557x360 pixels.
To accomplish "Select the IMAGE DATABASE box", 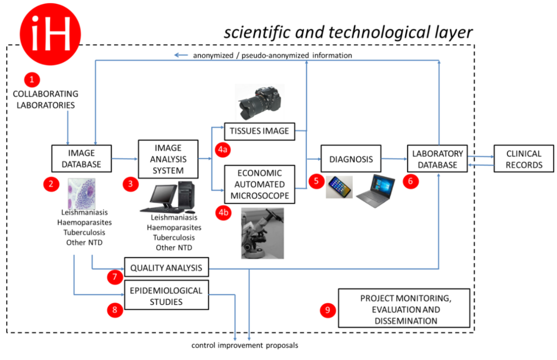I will [81, 158].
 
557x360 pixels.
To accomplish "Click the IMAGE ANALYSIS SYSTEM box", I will [168, 159].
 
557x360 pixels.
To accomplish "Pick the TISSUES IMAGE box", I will [260, 131].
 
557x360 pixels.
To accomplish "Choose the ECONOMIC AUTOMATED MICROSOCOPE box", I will [259, 184].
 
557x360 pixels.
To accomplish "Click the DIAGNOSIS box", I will [350, 159].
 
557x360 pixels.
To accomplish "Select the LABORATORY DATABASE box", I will [437, 159].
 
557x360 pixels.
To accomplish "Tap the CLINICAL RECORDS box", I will [523, 159].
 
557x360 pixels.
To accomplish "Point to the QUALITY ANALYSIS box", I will [166, 268].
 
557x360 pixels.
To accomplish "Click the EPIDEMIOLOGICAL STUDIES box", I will [166, 295].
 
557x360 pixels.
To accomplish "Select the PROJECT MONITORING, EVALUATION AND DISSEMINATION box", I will [404, 308].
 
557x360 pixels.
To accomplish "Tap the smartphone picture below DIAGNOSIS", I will [339, 187].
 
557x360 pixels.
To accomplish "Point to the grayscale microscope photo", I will [263, 233].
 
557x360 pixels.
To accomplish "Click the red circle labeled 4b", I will [223, 213].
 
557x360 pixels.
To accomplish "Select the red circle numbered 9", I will [327, 310].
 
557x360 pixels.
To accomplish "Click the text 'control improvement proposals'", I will [245, 345].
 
